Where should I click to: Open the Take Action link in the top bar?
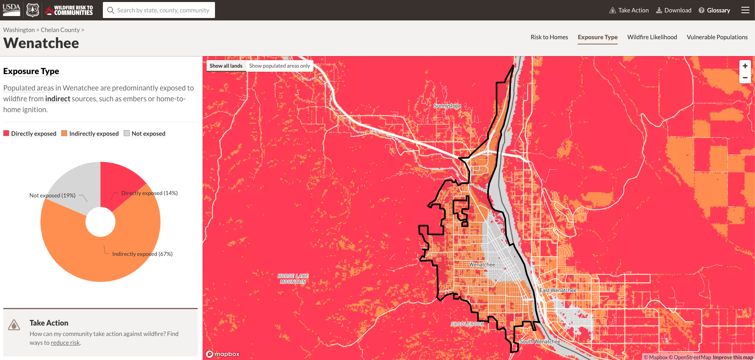(629, 10)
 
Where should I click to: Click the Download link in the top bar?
(674, 10)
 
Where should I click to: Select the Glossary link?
(715, 10)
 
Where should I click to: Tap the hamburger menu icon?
(745, 10)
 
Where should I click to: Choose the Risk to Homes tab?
(549, 37)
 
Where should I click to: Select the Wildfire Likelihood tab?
(652, 37)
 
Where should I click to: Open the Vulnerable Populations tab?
(717, 37)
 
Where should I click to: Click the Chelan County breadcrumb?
(60, 30)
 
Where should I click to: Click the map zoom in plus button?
(745, 66)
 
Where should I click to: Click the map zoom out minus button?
(745, 78)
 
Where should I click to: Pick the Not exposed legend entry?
(148, 134)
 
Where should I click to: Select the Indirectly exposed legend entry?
(94, 134)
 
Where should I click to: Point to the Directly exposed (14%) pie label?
(149, 193)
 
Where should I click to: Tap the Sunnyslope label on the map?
(447, 106)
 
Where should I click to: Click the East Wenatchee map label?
(558, 290)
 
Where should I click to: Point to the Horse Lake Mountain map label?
(293, 279)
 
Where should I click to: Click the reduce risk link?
(65, 343)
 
